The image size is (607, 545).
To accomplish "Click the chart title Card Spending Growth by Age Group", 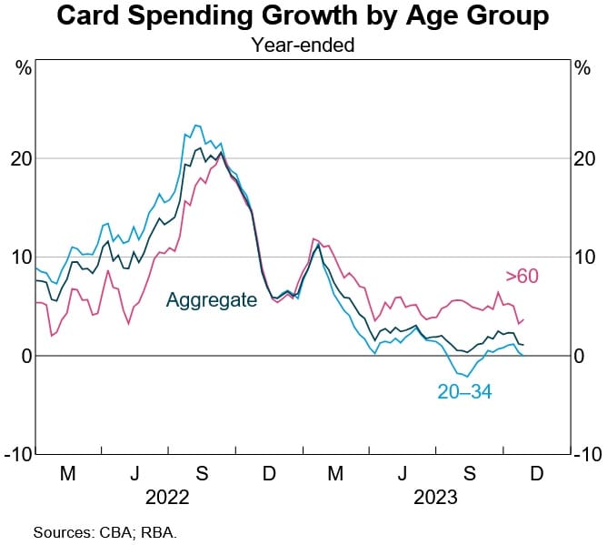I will [x=303, y=16].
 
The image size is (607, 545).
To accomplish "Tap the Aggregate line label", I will [x=211, y=299].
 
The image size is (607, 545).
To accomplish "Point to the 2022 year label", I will [x=166, y=498].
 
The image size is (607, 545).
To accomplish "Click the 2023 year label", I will [x=435, y=498].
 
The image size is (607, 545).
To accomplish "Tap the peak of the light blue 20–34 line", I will [x=195, y=126].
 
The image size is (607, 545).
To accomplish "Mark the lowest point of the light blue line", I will [x=465, y=376].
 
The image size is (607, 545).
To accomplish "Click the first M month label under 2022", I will [x=67, y=475].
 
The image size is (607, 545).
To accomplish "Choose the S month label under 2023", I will [x=469, y=475].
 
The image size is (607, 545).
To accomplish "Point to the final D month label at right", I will [x=536, y=475].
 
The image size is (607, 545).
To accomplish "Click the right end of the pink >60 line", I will [x=523, y=319].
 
